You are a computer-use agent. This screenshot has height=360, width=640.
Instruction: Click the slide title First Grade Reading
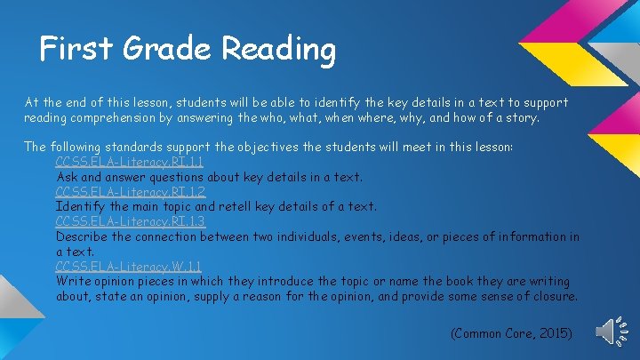(188, 49)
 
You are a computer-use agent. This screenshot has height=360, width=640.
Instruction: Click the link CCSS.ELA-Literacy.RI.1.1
(130, 162)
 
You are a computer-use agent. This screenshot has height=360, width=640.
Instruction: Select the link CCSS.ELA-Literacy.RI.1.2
(130, 191)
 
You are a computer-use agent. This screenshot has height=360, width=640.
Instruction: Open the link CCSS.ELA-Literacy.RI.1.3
(130, 221)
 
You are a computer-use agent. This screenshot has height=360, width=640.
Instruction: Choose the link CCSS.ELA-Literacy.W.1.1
(129, 267)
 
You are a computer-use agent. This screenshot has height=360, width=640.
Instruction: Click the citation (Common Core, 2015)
(512, 333)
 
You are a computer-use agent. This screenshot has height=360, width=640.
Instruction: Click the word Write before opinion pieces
(72, 282)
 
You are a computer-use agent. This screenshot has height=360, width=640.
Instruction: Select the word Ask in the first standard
(68, 177)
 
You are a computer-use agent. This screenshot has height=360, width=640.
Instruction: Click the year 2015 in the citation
(555, 333)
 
